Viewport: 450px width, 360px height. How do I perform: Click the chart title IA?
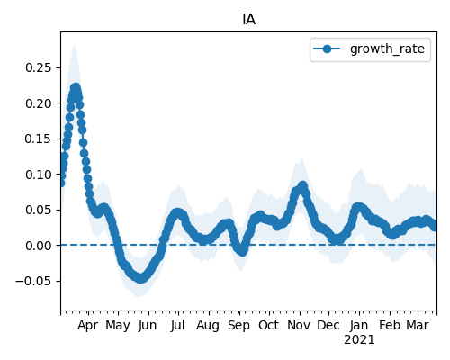[249, 20]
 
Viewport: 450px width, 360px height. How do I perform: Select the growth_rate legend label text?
[387, 49]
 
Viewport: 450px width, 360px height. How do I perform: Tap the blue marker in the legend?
[327, 49]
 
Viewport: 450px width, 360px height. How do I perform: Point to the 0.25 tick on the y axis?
[39, 67]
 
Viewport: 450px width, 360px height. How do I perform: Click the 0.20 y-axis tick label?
[39, 103]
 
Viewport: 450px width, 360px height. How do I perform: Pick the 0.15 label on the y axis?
[39, 139]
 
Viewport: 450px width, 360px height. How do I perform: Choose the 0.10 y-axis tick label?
[39, 175]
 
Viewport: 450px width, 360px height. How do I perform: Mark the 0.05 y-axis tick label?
[39, 210]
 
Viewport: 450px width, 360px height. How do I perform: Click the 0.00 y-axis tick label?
[39, 246]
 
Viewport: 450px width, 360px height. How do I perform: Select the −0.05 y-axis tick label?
[33, 281]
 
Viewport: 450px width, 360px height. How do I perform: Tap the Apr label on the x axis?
[88, 325]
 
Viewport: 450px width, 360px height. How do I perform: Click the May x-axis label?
[118, 325]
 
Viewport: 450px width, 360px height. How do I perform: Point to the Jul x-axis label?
[177, 325]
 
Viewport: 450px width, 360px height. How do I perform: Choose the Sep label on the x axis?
[238, 325]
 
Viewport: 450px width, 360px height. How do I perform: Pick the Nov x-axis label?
[299, 325]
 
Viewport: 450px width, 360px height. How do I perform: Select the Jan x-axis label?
[359, 325]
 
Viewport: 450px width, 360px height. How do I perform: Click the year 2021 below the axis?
[359, 340]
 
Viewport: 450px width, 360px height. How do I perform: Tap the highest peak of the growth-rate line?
[76, 88]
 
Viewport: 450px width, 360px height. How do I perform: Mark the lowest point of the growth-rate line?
[140, 278]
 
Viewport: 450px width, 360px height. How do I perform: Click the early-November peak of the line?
[302, 185]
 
